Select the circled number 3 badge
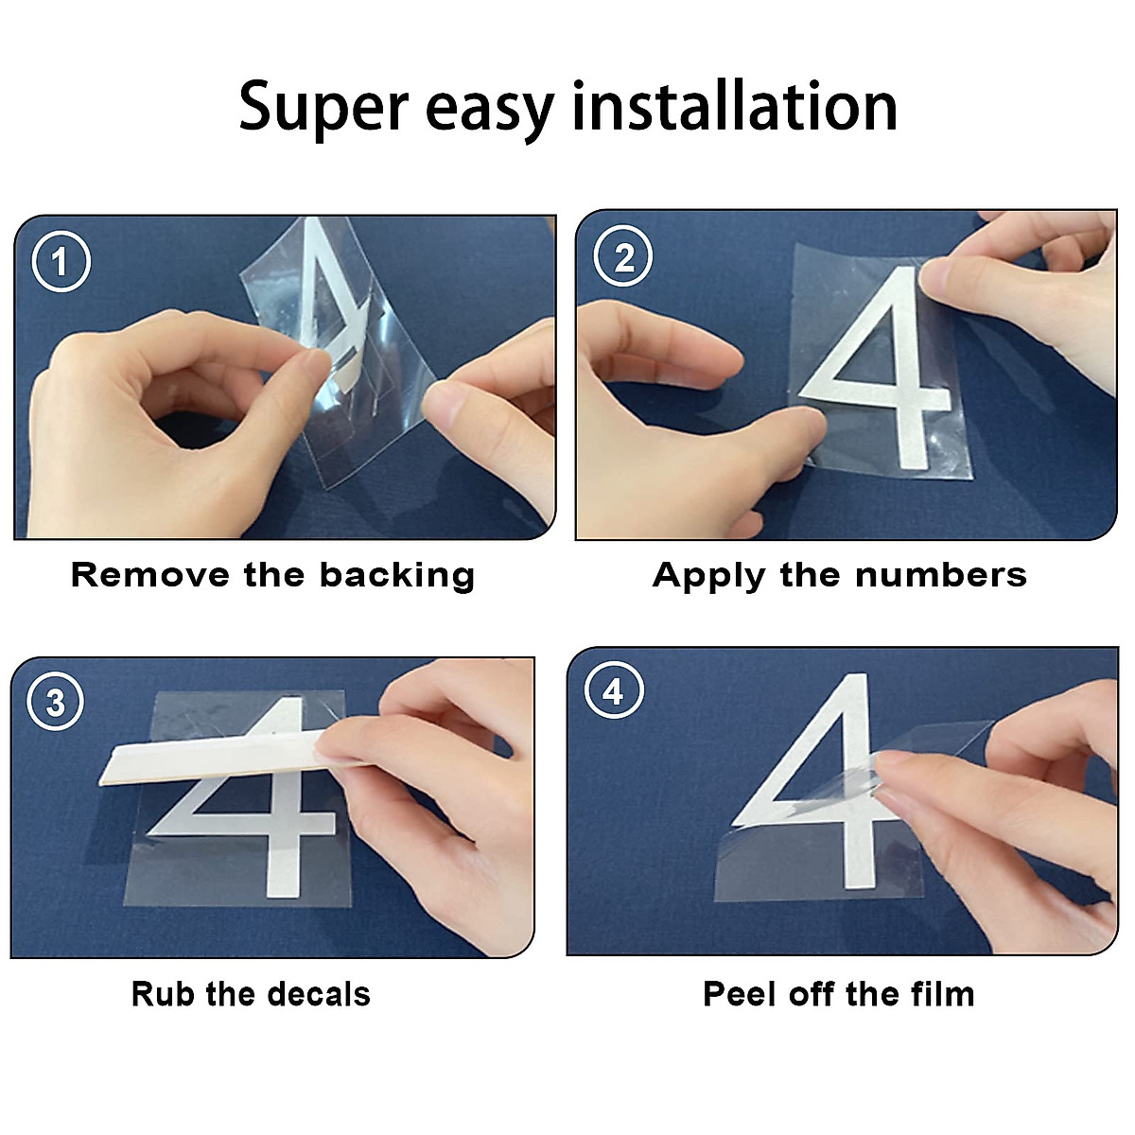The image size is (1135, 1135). point(56,703)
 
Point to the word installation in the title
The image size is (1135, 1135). point(735,105)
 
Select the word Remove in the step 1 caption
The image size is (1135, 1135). point(151,575)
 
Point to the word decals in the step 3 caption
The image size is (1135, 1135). point(319,994)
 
